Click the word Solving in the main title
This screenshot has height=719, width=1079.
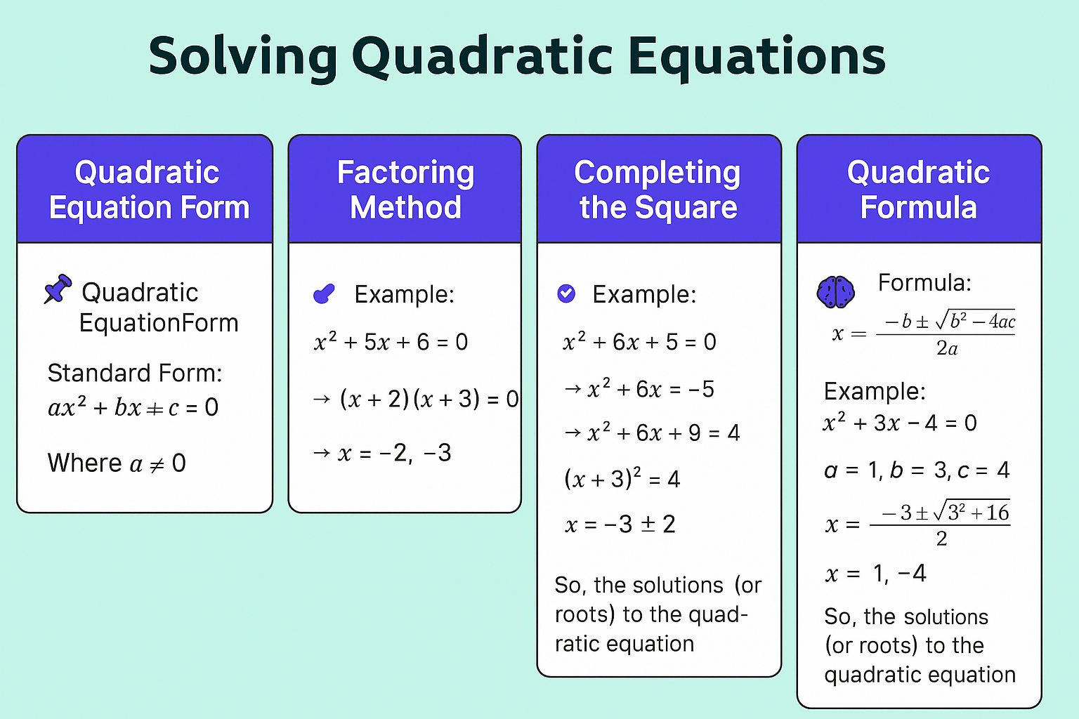point(243,58)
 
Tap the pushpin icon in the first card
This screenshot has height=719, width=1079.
point(58,289)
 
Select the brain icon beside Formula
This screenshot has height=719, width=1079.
point(836,292)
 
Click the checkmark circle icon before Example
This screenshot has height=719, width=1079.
point(566,293)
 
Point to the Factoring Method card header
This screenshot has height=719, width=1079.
point(405,190)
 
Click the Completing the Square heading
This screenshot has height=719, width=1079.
point(658,190)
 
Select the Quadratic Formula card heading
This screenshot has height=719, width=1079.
point(919,190)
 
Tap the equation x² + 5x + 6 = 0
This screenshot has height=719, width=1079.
point(391,342)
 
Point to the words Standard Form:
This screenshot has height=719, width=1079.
point(135,374)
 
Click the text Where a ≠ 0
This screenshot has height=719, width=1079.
point(117,463)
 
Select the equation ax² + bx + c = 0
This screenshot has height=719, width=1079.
point(133,407)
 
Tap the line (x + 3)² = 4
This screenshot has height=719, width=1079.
point(622,478)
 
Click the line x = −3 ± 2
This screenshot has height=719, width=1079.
point(620,524)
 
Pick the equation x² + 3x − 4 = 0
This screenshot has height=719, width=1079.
point(900,423)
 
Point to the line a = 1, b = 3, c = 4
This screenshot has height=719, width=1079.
point(917,470)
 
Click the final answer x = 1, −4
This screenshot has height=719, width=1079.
point(876,573)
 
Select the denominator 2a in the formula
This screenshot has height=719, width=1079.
point(946,348)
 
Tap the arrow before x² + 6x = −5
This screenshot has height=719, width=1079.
point(573,388)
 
